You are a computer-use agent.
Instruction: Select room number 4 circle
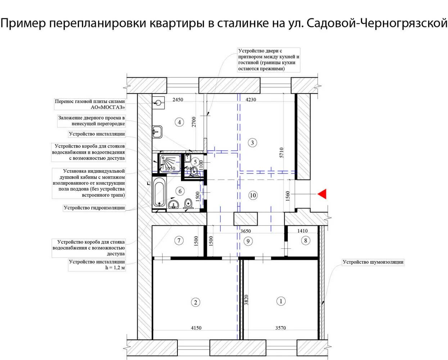pyautogui.click(x=179, y=122)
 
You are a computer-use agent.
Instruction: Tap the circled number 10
pyautogui.click(x=253, y=195)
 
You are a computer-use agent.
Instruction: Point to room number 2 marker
pyautogui.click(x=195, y=302)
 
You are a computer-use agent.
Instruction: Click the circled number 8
pyautogui.click(x=306, y=240)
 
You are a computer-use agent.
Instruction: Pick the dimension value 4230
pyautogui.click(x=251, y=100)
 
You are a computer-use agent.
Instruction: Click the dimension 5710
pyautogui.click(x=281, y=153)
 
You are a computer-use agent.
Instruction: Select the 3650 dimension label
pyautogui.click(x=245, y=231)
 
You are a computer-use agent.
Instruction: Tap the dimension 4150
pyautogui.click(x=196, y=328)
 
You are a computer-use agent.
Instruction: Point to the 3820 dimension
pyautogui.click(x=246, y=300)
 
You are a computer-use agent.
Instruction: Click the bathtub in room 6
pyautogui.click(x=159, y=194)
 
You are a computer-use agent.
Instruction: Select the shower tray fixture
pyautogui.click(x=170, y=163)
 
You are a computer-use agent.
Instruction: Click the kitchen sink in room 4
pyautogui.click(x=157, y=132)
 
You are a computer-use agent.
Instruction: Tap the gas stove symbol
pyautogui.click(x=158, y=103)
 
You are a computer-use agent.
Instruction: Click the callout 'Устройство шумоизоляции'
pyautogui.click(x=373, y=262)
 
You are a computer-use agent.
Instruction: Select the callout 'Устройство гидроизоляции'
pyautogui.click(x=94, y=208)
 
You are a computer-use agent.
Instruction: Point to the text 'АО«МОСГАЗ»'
pyautogui.click(x=108, y=107)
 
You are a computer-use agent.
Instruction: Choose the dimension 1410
pyautogui.click(x=302, y=231)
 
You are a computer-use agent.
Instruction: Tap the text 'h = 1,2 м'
pyautogui.click(x=115, y=268)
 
